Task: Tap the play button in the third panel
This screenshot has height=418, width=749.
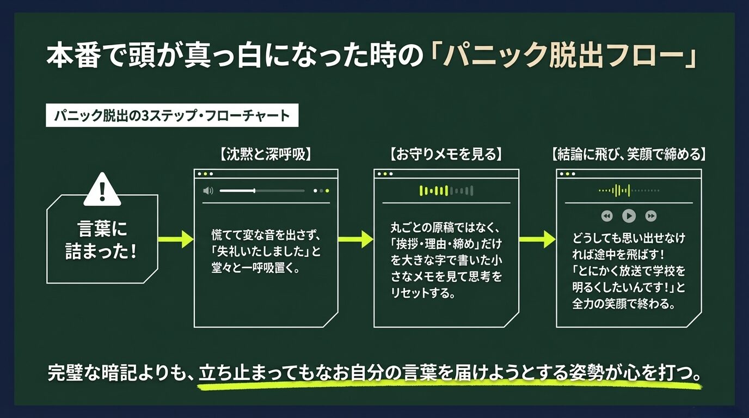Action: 629,216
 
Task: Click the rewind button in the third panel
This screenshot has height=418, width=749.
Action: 607,216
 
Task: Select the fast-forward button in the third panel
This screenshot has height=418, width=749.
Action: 650,216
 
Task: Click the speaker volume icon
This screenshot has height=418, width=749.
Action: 208,190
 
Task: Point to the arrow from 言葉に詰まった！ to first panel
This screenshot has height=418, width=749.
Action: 175,239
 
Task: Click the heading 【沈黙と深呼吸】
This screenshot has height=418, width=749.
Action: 266,155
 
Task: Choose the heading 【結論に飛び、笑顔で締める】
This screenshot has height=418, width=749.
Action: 628,155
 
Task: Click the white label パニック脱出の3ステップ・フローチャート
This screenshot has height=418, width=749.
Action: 172,116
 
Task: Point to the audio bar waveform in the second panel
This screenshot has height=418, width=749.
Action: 446,190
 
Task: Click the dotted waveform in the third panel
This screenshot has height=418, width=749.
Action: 629,190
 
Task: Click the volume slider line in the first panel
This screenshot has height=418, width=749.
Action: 262,190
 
